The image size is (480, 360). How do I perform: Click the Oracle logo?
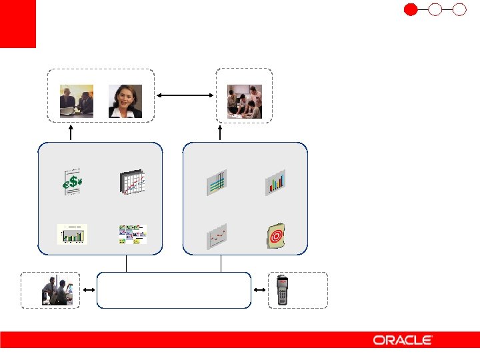[403, 340]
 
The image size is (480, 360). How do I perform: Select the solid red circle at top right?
[411, 9]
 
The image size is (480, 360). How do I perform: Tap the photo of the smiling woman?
[125, 101]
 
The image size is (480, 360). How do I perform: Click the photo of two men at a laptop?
[77, 101]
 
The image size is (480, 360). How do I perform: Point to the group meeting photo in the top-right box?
[245, 102]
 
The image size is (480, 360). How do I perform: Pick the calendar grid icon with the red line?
[132, 183]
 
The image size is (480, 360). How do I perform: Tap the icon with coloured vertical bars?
[275, 182]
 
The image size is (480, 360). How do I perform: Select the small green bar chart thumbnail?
[72, 235]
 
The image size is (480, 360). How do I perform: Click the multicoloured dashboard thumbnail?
[132, 235]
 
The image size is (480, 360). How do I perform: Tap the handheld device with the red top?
[285, 290]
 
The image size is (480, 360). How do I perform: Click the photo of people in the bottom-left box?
[55, 291]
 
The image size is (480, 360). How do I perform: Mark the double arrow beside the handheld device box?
[260, 290]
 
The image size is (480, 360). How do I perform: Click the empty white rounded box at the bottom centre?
[174, 290]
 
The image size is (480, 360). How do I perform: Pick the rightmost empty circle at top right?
[459, 9]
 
